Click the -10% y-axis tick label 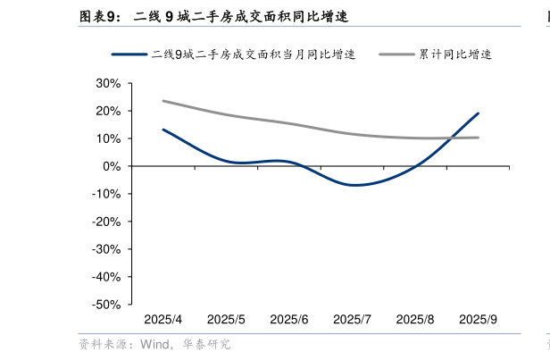coord(105,194)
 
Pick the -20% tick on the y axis coord(105,222)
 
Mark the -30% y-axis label coord(105,249)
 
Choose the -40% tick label coord(105,277)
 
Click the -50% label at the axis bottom coord(105,305)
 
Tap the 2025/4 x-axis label coord(163,320)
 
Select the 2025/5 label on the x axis coord(226,320)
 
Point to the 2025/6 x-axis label coord(289,320)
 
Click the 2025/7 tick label coord(352,320)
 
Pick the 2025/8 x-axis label coord(415,320)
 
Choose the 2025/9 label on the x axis coord(478,320)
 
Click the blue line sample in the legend coord(129,54)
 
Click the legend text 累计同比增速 coord(455,54)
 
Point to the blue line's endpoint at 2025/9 coord(478,113)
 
